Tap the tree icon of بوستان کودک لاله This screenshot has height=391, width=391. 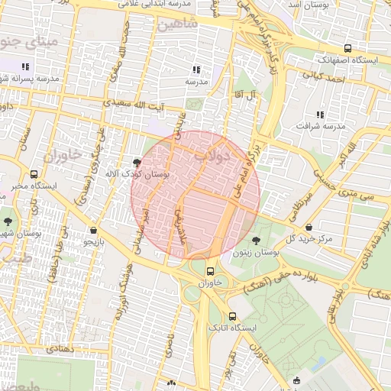click(x=137, y=163)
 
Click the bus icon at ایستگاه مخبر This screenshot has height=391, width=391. click(x=34, y=174)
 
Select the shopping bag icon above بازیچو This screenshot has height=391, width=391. click(x=93, y=230)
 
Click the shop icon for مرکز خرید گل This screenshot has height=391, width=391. click(x=309, y=228)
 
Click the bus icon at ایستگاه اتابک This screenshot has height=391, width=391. click(x=232, y=317)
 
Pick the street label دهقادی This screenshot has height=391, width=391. click(x=57, y=348)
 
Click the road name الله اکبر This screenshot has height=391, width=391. click(x=348, y=150)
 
